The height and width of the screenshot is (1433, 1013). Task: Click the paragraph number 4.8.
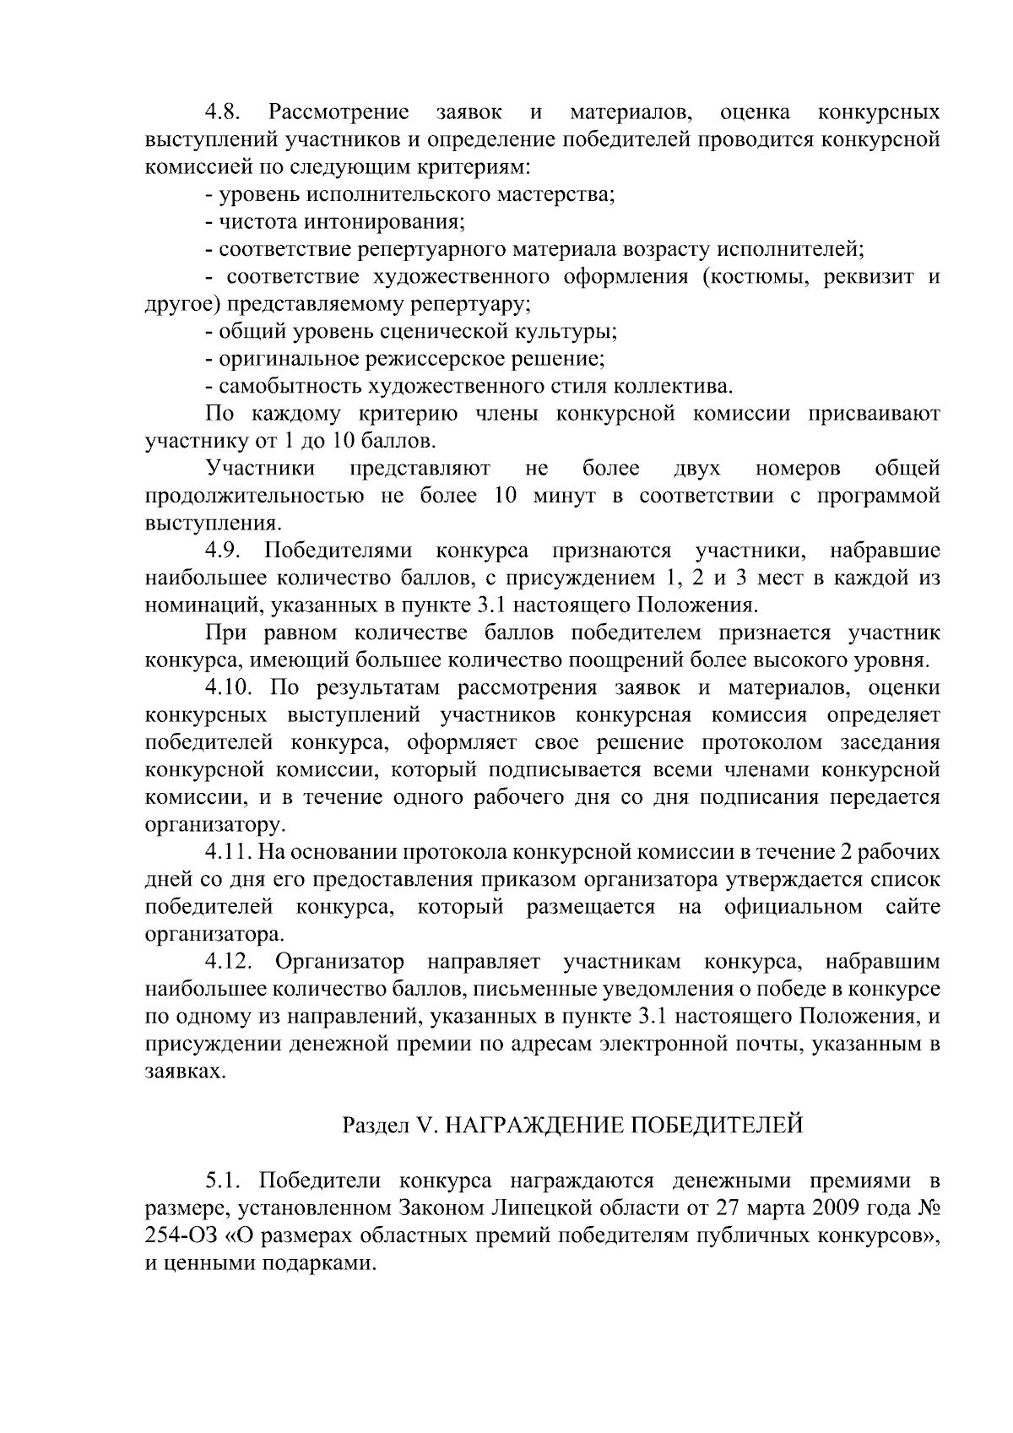click(x=224, y=112)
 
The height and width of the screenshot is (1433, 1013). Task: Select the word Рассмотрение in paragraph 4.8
click(x=338, y=112)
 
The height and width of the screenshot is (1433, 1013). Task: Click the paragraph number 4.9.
click(x=224, y=551)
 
